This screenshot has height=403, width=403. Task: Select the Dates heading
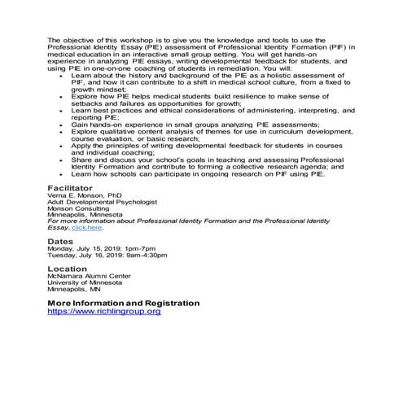coord(60,242)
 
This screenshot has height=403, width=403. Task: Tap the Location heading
coord(67,268)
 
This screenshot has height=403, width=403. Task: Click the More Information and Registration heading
coord(123,303)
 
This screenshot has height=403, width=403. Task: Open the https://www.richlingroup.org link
coord(104,311)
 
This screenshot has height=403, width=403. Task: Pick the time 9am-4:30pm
coord(169,256)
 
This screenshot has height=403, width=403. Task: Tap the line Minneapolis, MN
coord(72,288)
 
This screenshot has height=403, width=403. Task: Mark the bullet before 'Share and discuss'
coord(61,161)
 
